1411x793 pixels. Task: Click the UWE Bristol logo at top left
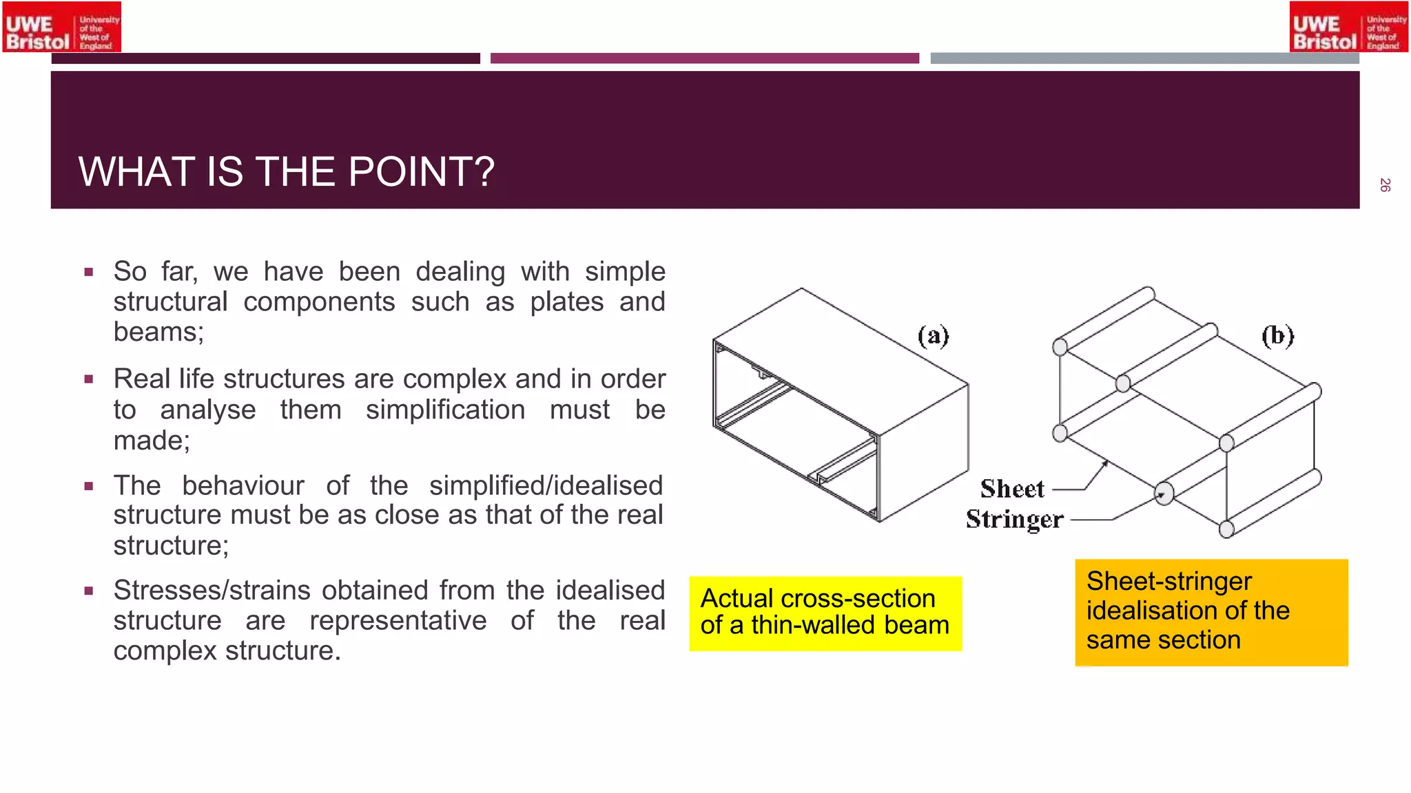tap(62, 27)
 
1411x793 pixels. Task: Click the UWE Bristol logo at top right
tap(1348, 27)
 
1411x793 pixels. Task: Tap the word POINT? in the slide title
tap(422, 171)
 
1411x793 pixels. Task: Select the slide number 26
tap(1385, 184)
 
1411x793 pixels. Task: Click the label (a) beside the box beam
tap(934, 336)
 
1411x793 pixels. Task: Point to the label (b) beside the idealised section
tap(1278, 336)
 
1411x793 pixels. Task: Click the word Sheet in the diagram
tap(1012, 489)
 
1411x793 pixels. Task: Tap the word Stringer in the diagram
tap(1014, 519)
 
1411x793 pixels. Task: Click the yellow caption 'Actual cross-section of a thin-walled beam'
tap(825, 613)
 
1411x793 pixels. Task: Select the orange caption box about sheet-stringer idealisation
tap(1211, 612)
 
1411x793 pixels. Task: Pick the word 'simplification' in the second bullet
tap(445, 410)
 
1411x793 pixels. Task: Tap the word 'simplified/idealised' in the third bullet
tap(546, 485)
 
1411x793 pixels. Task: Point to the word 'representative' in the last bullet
tap(398, 620)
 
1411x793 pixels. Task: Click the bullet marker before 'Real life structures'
tap(88, 379)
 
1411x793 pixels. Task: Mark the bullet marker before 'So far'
tap(88, 272)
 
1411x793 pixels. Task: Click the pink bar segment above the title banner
tap(704, 59)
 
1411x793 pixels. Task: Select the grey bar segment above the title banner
tap(1144, 59)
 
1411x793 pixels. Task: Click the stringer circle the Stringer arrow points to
tap(1164, 494)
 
